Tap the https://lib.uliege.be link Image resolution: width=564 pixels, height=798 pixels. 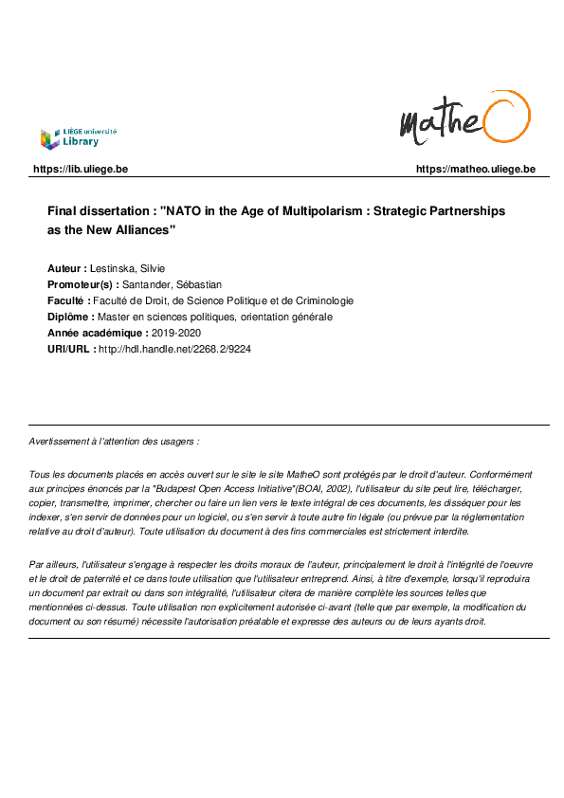pyautogui.click(x=81, y=170)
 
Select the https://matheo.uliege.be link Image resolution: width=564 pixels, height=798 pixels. pyautogui.click(x=476, y=170)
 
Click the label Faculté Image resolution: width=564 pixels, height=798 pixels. pyautogui.click(x=68, y=300)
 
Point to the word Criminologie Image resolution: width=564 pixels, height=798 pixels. pyautogui.click(x=320, y=300)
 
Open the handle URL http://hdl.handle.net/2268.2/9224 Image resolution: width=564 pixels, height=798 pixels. pyautogui.click(x=174, y=349)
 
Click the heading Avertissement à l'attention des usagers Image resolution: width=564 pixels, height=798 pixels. pyautogui.click(x=114, y=442)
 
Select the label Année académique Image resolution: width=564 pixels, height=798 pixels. pyautogui.click(x=98, y=333)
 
